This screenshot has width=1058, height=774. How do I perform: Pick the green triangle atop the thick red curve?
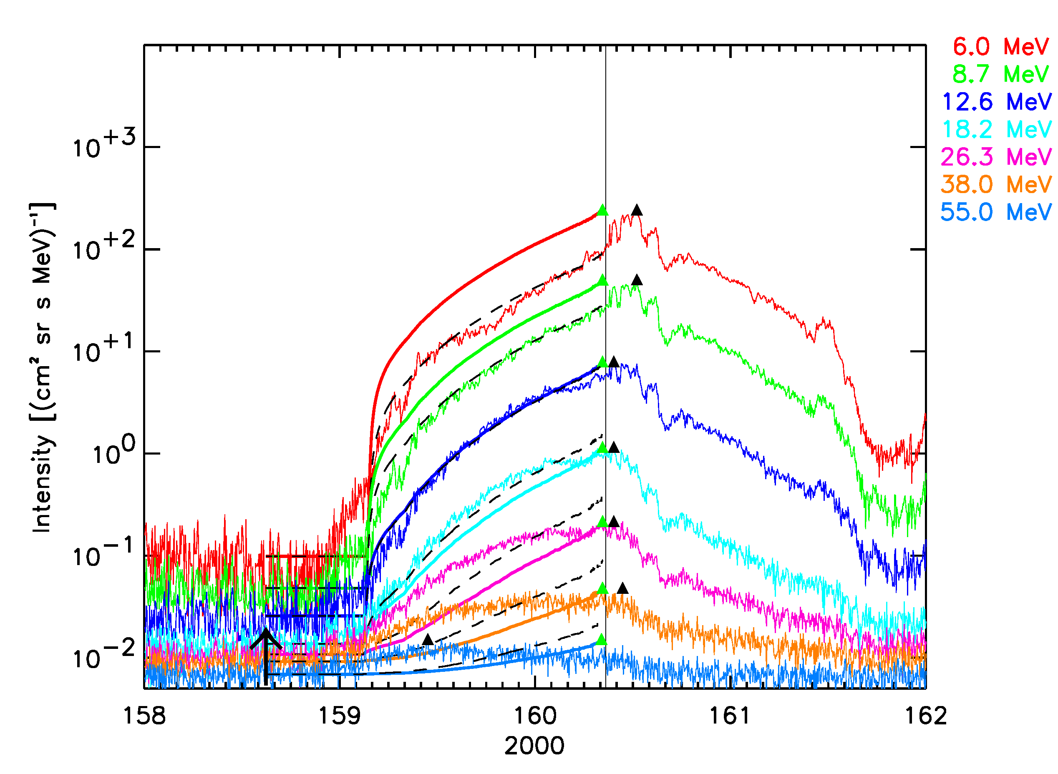(603, 210)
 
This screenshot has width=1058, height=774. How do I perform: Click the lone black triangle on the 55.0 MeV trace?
(428, 640)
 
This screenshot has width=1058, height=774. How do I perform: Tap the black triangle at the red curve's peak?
(637, 210)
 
